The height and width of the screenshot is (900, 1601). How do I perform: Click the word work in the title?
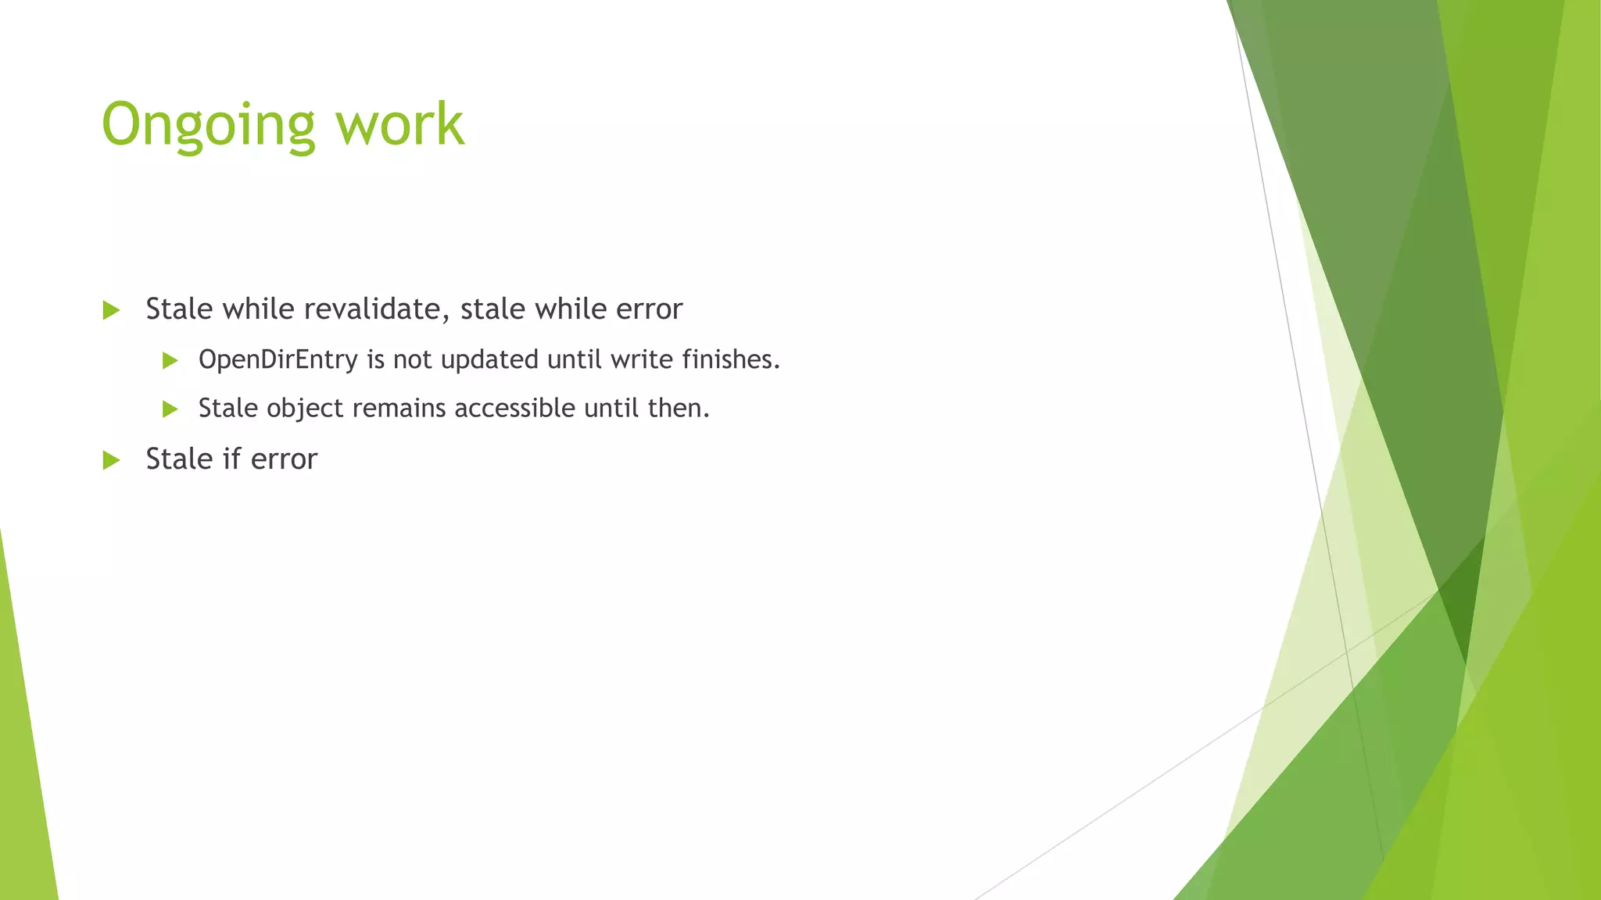click(x=400, y=125)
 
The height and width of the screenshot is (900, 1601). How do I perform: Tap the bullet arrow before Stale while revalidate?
click(x=111, y=310)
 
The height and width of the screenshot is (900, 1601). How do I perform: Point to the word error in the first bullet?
click(x=649, y=309)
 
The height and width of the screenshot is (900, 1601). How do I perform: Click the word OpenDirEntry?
click(x=278, y=359)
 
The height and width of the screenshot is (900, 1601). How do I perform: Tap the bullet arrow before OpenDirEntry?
click(x=170, y=360)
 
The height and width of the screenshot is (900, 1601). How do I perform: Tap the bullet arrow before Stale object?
click(x=170, y=409)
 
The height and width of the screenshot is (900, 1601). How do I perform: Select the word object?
click(x=305, y=409)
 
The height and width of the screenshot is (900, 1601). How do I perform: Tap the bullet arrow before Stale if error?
click(x=111, y=460)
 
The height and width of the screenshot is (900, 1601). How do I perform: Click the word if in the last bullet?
click(x=231, y=459)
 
